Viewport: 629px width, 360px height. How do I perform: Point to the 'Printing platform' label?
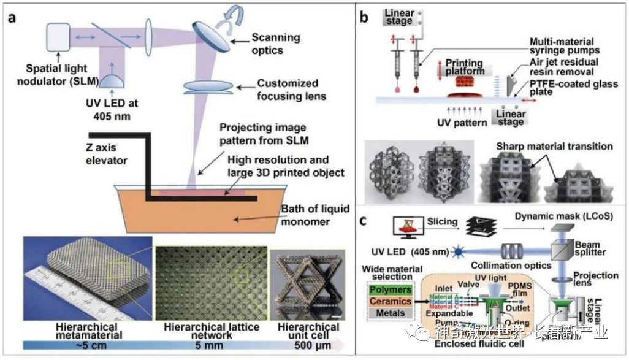[x=464, y=68]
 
